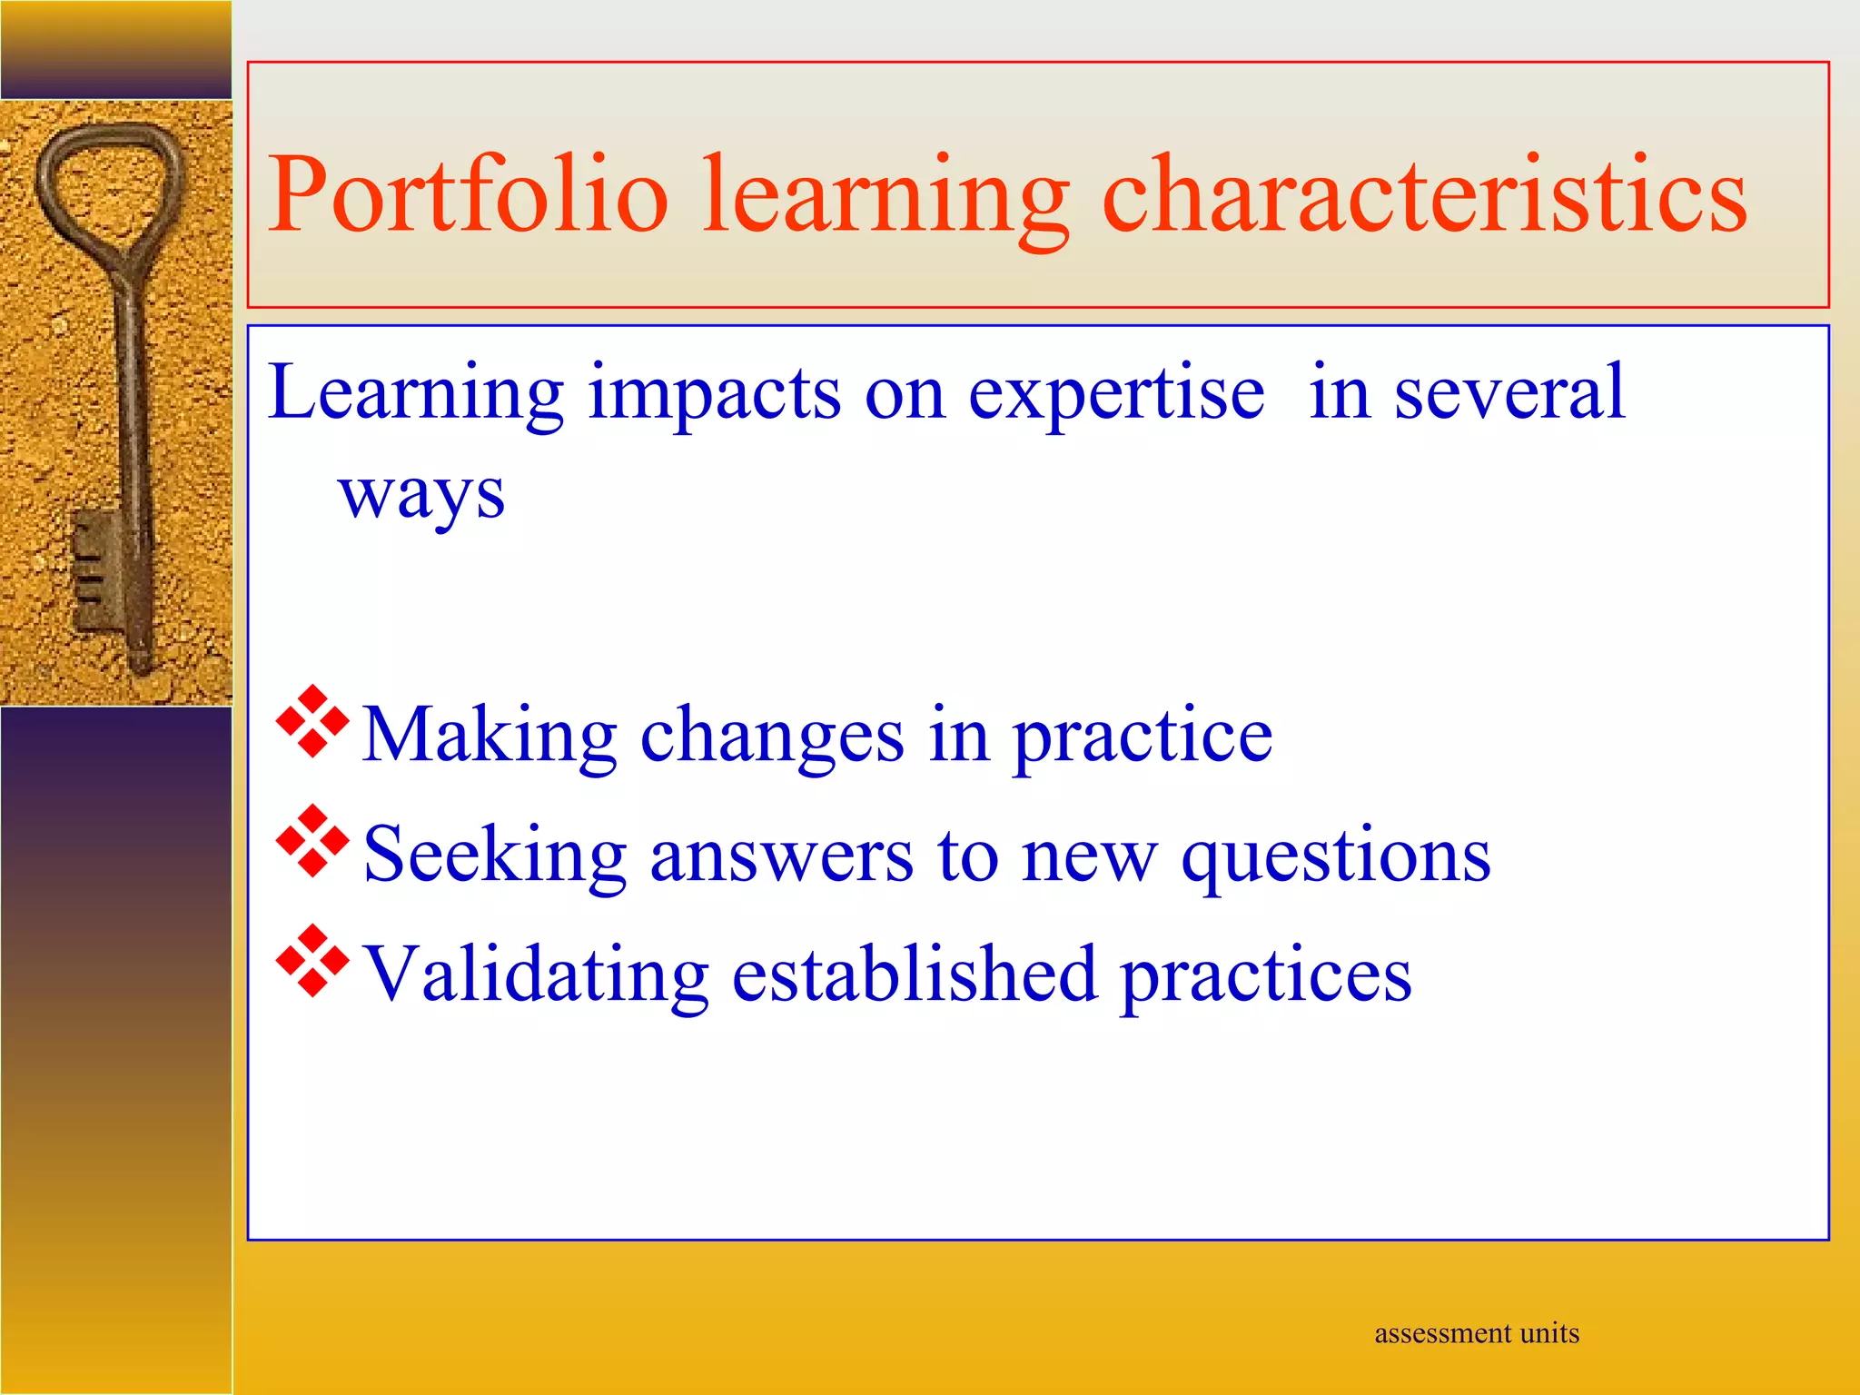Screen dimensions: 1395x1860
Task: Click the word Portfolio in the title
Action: pos(468,195)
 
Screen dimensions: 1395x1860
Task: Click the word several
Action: pos(1509,392)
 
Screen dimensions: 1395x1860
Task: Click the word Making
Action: pos(490,736)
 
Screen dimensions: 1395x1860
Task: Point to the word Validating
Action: pos(536,975)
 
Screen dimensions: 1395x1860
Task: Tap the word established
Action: pos(915,975)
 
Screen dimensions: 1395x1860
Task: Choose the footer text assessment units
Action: pos(1477,1333)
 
